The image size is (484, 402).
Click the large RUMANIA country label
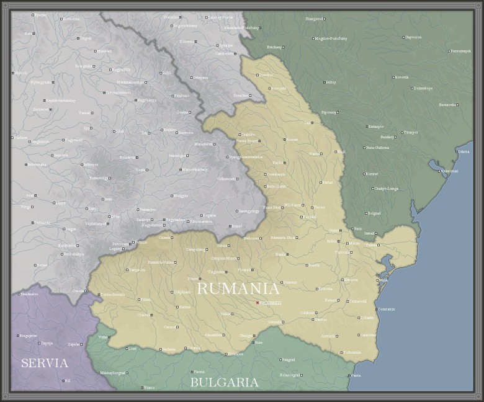pyautogui.click(x=238, y=288)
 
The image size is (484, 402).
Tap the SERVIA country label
pyautogui.click(x=44, y=363)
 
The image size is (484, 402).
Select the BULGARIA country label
pyautogui.click(x=224, y=382)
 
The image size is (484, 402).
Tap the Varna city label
pyautogui.click(x=356, y=375)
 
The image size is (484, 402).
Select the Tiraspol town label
pyautogui.click(x=410, y=132)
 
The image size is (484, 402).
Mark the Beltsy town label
pyautogui.click(x=331, y=82)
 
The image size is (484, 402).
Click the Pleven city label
pyautogui.click(x=199, y=372)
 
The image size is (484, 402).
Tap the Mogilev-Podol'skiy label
pyautogui.click(x=331, y=38)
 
